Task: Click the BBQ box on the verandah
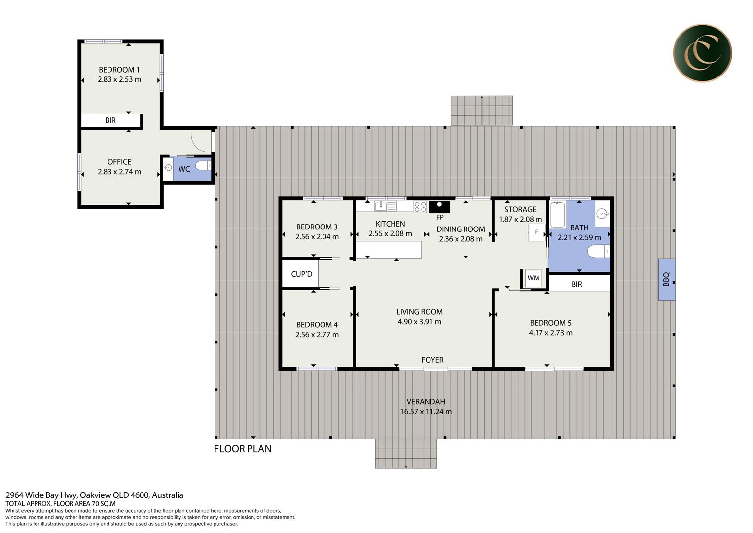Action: click(x=667, y=279)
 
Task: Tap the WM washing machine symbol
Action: click(x=533, y=278)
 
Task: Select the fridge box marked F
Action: click(x=537, y=232)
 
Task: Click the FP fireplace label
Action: click(x=440, y=217)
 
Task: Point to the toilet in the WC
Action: click(x=203, y=165)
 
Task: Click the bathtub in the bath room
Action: click(x=558, y=214)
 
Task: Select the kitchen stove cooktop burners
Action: click(x=420, y=207)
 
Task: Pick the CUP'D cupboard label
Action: click(x=301, y=274)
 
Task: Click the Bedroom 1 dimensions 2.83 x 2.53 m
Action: click(x=119, y=79)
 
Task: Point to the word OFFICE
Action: click(x=119, y=162)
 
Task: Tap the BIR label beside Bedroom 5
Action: click(x=577, y=284)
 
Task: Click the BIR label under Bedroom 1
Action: click(x=110, y=120)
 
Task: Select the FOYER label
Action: click(x=432, y=360)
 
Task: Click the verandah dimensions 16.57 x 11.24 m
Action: click(x=426, y=411)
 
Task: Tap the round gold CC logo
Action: click(x=702, y=53)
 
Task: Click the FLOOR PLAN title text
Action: click(x=243, y=449)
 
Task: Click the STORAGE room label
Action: click(x=520, y=209)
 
